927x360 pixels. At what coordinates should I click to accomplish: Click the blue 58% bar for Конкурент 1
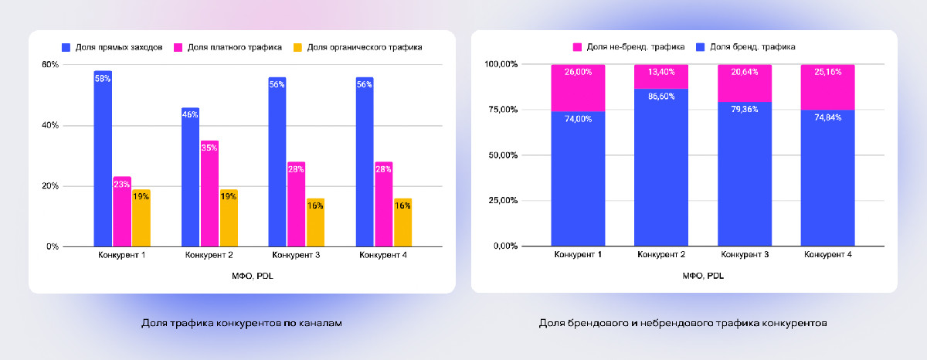tap(103, 158)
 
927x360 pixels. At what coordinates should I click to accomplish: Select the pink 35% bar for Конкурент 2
tap(209, 193)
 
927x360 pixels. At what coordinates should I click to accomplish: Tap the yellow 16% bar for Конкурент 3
tap(315, 222)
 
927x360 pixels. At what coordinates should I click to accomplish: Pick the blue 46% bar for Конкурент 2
tap(190, 177)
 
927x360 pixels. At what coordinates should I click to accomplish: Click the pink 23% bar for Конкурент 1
tap(122, 212)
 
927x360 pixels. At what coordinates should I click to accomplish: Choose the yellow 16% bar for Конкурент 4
tap(402, 222)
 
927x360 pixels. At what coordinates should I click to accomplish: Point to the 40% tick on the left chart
tap(50, 125)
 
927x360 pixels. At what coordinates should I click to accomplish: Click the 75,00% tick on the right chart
tap(501, 110)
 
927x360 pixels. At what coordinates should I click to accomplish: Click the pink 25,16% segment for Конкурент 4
tap(827, 87)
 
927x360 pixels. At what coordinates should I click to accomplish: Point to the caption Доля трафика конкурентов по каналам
tap(242, 323)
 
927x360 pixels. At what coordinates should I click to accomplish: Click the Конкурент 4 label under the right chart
tap(827, 255)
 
